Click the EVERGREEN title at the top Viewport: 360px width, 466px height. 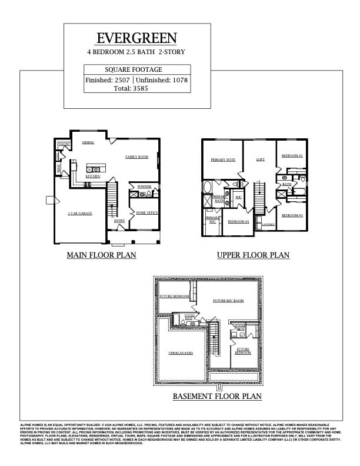(136, 38)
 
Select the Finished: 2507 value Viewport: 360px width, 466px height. (108, 80)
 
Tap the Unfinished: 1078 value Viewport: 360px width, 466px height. (162, 80)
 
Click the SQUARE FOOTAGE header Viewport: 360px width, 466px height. (137, 69)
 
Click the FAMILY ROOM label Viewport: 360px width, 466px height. (136, 157)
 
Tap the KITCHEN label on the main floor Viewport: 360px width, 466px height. (93, 177)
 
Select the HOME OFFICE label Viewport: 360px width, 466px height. (146, 212)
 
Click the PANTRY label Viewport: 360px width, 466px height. (64, 144)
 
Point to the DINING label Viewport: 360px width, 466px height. (88, 142)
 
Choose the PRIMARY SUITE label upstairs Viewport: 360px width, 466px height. (223, 159)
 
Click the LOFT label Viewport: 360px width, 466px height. (261, 159)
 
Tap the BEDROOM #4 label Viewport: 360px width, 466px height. (238, 221)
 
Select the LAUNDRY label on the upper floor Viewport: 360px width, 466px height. (268, 224)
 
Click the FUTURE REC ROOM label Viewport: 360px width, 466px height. (228, 301)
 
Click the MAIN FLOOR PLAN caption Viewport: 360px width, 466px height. (101, 255)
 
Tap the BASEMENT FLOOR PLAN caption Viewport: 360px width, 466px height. (217, 397)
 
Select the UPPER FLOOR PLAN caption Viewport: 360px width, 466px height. (253, 255)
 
